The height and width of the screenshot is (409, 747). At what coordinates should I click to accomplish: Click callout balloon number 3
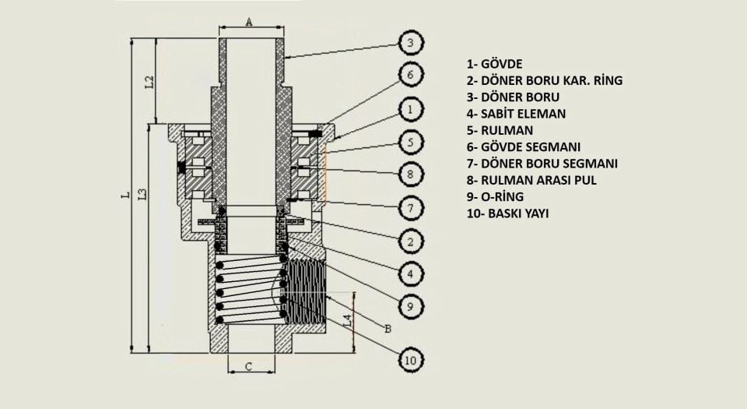point(412,41)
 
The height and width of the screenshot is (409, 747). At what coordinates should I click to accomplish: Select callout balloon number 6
point(412,76)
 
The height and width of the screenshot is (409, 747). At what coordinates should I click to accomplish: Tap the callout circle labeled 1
point(412,109)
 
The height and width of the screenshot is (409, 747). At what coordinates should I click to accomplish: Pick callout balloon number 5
point(412,143)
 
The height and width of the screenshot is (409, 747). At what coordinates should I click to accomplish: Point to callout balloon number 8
point(412,174)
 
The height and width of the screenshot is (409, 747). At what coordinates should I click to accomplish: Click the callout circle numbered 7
point(412,207)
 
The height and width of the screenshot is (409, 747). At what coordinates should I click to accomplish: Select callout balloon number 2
point(412,241)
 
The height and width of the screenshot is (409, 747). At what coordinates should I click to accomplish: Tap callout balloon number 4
point(412,274)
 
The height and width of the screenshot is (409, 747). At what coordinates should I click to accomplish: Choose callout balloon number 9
point(412,307)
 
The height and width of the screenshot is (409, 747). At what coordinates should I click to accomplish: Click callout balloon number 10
point(411,359)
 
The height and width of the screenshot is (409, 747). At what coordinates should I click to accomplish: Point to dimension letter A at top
point(249,23)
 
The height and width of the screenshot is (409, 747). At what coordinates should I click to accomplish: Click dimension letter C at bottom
point(248,366)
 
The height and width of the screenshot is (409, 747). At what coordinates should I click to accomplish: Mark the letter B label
point(388,327)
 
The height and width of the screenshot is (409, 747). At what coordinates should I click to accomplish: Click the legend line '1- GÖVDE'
point(494,64)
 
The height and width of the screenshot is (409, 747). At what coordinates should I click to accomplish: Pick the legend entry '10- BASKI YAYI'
point(508,213)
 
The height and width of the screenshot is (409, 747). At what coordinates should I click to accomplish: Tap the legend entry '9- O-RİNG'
point(496,196)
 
